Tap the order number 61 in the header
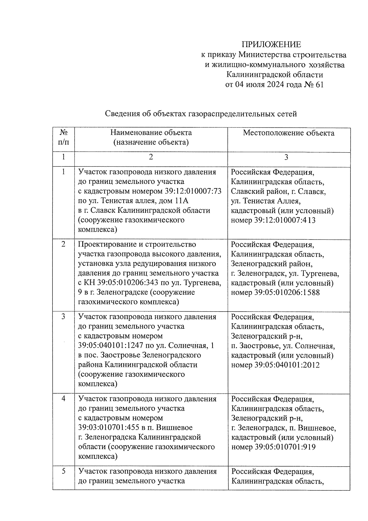[x=319, y=85]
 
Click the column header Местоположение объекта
[x=289, y=133]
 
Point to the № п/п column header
[x=63, y=137]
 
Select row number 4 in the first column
[x=63, y=399]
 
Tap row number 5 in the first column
[x=63, y=471]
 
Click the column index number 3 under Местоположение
[x=286, y=157]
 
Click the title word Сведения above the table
[x=122, y=114]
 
